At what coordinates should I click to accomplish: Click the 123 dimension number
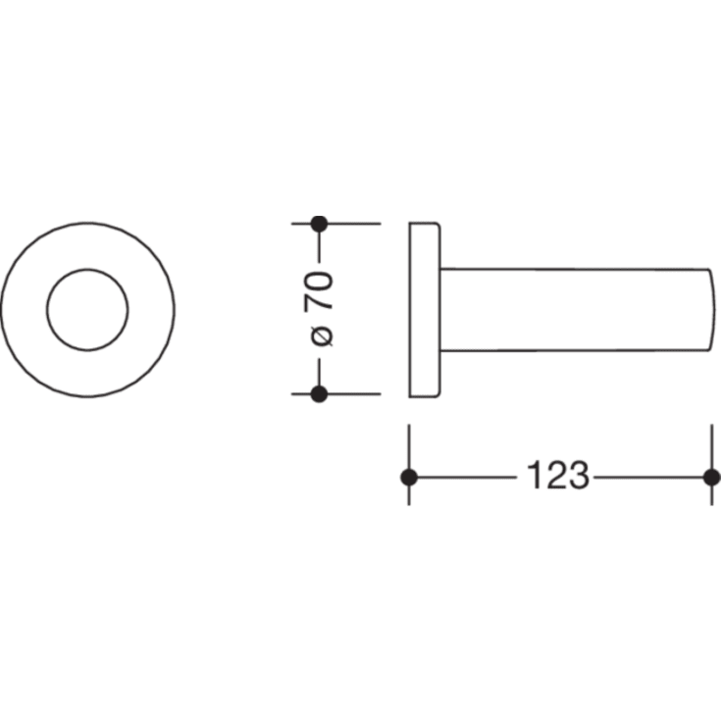(558, 475)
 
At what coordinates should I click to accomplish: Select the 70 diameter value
(318, 291)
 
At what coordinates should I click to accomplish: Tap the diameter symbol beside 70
(322, 336)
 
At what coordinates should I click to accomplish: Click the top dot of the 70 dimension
(319, 224)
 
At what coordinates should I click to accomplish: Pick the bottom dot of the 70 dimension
(319, 394)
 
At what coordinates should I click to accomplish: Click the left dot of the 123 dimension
(409, 478)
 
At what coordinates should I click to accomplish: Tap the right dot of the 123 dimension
(712, 478)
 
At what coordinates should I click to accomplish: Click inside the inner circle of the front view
(87, 310)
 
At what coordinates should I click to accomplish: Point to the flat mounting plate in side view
(425, 310)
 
